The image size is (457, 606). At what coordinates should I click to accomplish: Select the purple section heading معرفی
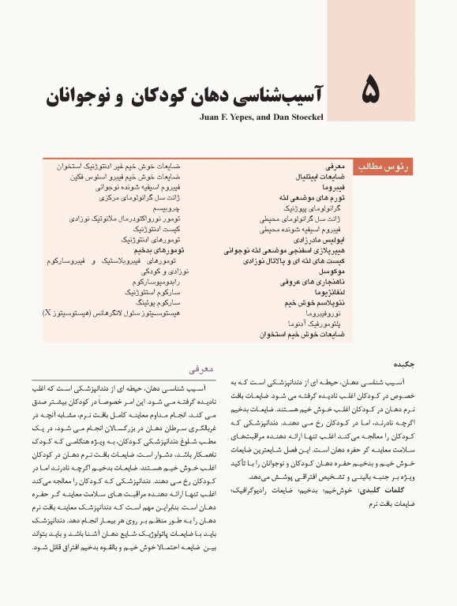click(200, 368)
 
